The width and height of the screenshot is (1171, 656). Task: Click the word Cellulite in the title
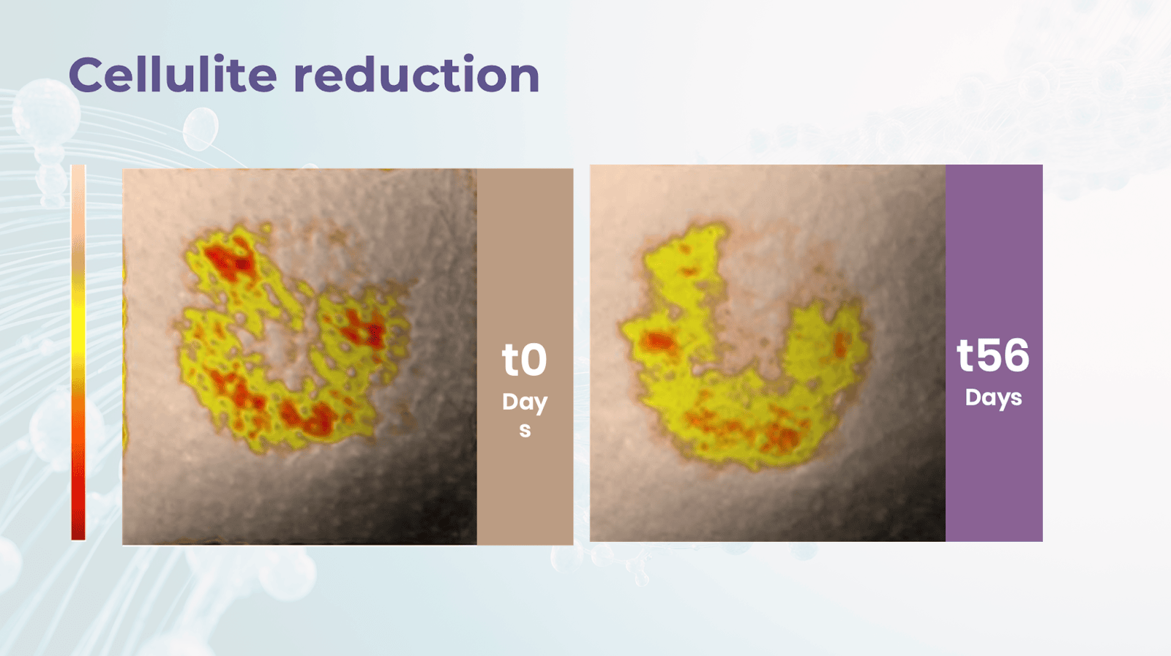pos(173,74)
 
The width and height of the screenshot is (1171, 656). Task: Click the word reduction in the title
pos(416,74)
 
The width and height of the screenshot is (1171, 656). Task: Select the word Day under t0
pos(525,403)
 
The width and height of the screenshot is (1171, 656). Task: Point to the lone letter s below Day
pos(525,431)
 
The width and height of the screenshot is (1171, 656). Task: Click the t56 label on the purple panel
pos(993,355)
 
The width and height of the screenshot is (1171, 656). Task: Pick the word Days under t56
pos(993,398)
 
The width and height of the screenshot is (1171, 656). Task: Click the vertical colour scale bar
pos(78,352)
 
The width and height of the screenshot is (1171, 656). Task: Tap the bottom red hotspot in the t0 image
pos(308,418)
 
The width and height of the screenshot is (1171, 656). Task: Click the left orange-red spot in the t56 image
pos(659,342)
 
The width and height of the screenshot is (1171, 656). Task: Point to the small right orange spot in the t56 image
pos(839,344)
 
